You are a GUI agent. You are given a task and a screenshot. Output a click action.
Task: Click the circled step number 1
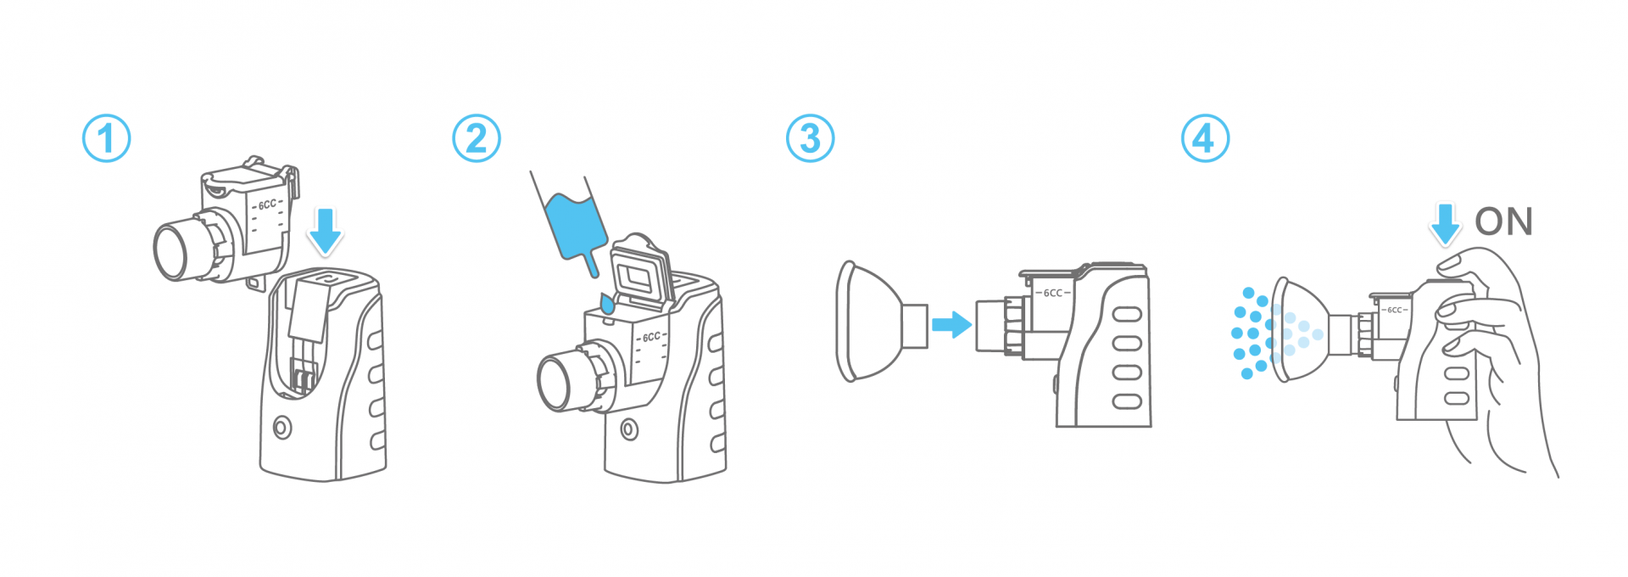106,139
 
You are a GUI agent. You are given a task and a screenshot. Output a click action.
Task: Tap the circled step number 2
477,139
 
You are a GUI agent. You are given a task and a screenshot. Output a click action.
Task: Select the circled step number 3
811,139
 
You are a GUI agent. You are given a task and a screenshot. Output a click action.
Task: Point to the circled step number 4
1205,139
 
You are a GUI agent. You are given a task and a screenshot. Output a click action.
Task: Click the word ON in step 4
1503,222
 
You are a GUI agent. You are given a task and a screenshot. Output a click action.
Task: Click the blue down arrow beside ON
1445,224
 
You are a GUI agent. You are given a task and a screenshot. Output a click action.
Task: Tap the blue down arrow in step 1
325,231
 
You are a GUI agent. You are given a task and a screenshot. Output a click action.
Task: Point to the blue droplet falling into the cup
607,303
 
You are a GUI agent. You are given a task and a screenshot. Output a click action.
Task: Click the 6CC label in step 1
267,204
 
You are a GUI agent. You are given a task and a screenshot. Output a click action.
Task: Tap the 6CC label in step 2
651,337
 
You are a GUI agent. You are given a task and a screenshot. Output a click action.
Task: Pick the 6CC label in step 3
1052,293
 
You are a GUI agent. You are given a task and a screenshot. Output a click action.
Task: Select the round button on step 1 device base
282,428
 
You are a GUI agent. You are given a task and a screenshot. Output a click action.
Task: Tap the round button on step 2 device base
629,429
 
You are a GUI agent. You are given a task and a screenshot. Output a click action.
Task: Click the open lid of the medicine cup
642,271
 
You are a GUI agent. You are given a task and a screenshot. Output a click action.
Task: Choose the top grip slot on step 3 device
1127,315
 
